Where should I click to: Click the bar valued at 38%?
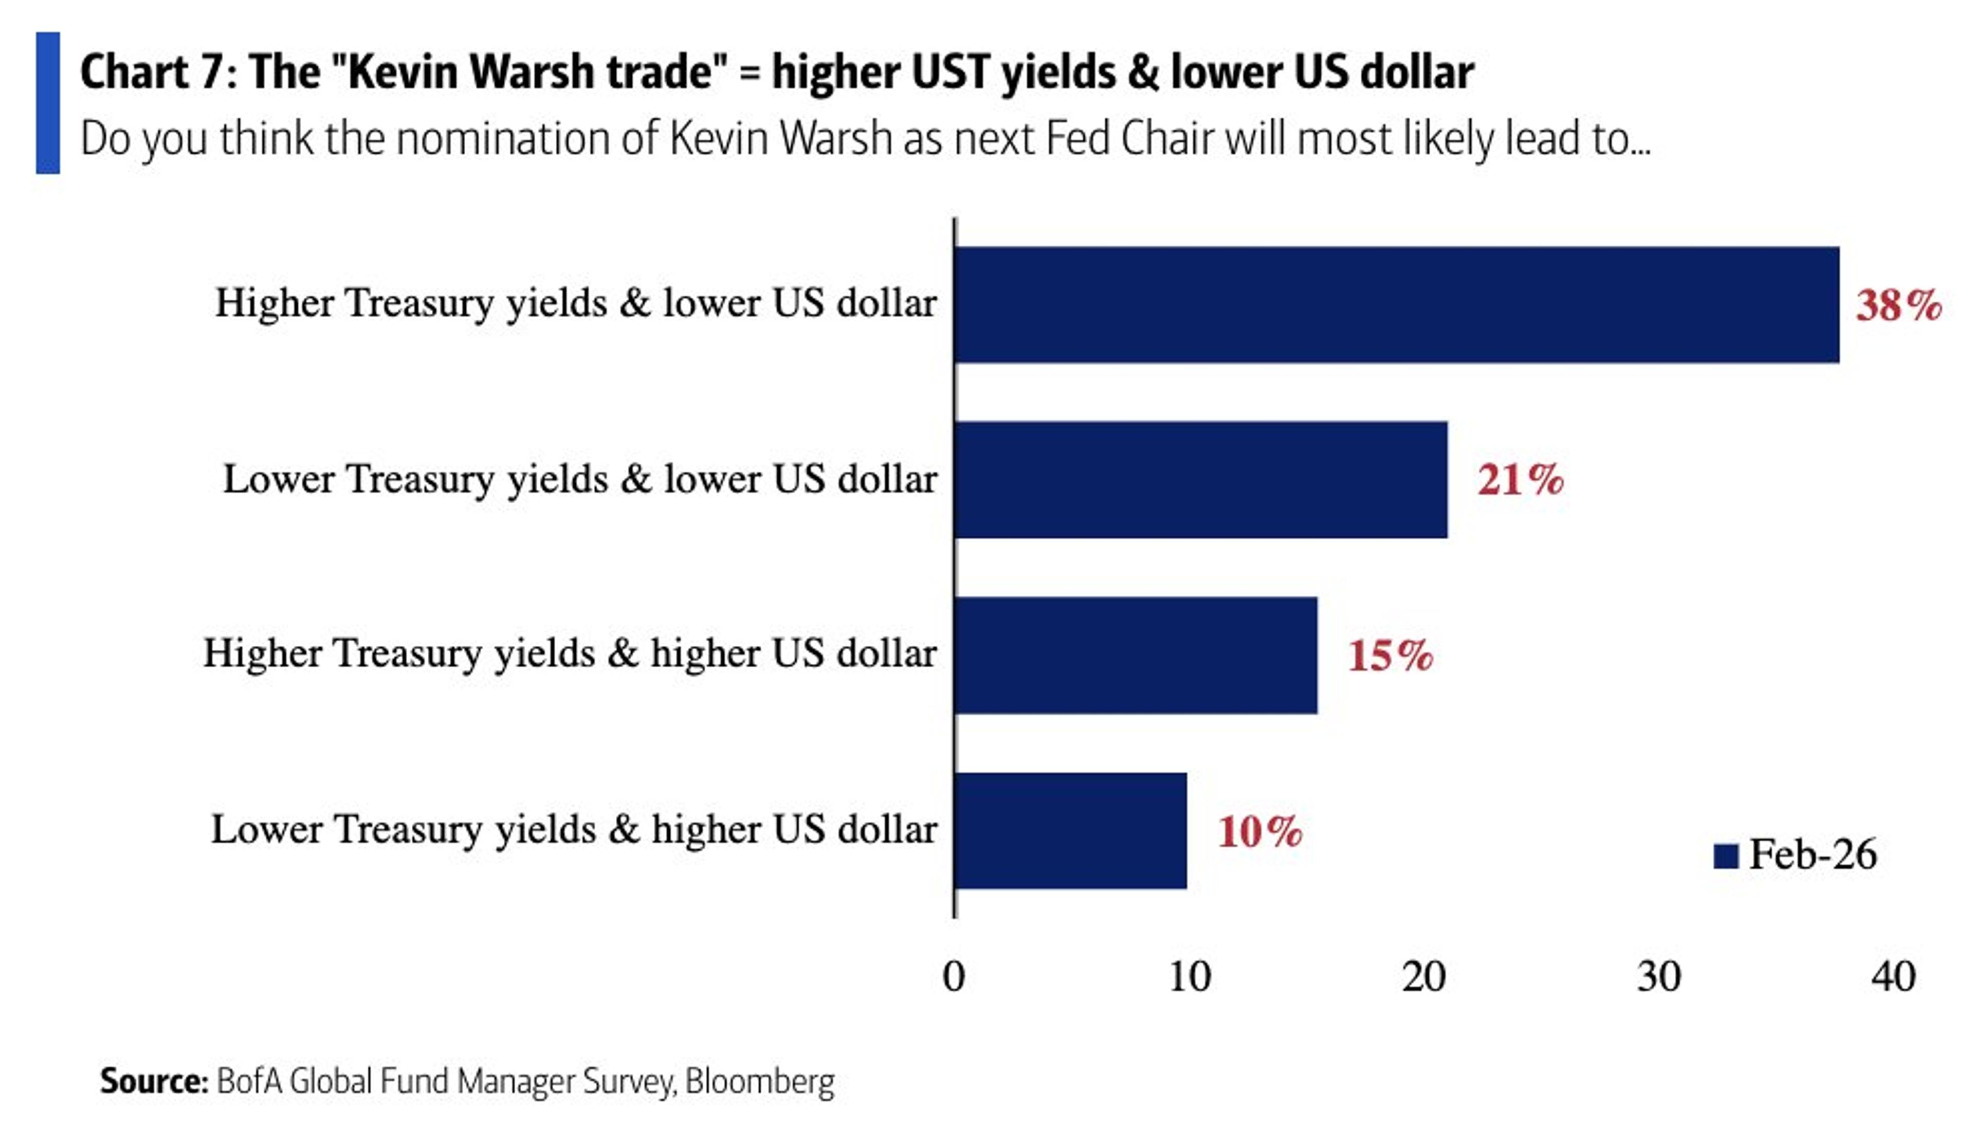coord(1396,305)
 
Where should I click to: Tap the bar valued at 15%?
coord(1135,654)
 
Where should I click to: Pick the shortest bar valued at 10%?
coord(1070,830)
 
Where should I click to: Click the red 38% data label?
coord(1898,305)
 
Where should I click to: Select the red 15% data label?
coord(1390,655)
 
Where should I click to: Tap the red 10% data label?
coord(1259,831)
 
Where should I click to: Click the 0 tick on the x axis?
coord(954,976)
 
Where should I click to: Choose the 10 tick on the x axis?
coord(1189,976)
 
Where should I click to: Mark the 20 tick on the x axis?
coord(1423,976)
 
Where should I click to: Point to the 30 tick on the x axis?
coord(1658,976)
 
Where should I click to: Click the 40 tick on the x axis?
coord(1893,976)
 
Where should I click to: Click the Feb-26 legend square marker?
coord(1725,856)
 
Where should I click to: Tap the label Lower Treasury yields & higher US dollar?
coord(574,829)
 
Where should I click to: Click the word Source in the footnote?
coord(153,1081)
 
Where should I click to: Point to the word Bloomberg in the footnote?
coord(760,1081)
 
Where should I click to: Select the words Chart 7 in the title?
coord(152,72)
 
